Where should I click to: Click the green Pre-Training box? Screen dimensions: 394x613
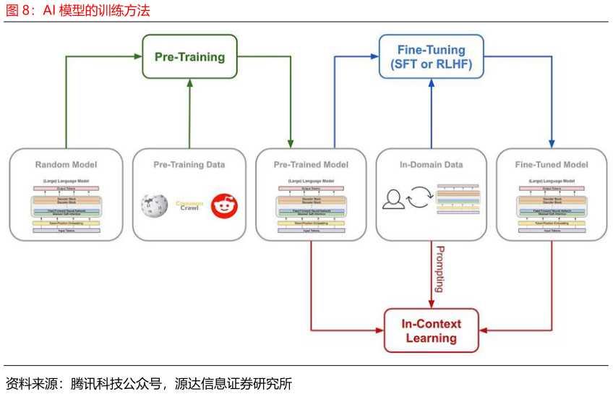pyautogui.click(x=189, y=56)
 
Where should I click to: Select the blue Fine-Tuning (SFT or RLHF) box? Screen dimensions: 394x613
pyautogui.click(x=431, y=56)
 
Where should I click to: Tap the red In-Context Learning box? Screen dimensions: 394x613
pyautogui.click(x=431, y=330)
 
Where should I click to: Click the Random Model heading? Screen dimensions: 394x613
pyautogui.click(x=66, y=165)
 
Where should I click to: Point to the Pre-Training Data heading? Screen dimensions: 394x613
pyautogui.click(x=189, y=165)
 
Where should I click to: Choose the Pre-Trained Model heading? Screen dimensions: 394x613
pyautogui.click(x=311, y=165)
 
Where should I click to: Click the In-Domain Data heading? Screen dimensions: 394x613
pyautogui.click(x=431, y=165)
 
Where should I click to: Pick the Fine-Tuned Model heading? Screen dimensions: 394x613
pyautogui.click(x=552, y=165)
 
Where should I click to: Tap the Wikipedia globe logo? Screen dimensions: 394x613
pyautogui.click(x=154, y=205)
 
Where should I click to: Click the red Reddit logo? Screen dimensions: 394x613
pyautogui.click(x=224, y=206)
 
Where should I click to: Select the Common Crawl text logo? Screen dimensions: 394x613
pyautogui.click(x=189, y=205)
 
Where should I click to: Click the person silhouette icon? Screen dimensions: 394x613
pyautogui.click(x=393, y=199)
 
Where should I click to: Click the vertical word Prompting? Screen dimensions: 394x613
pyautogui.click(x=439, y=269)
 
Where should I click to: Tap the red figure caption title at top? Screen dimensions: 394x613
pyautogui.click(x=78, y=11)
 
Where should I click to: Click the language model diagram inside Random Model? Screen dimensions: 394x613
pyautogui.click(x=66, y=207)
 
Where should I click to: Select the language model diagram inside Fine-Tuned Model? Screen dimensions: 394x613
pyautogui.click(x=552, y=207)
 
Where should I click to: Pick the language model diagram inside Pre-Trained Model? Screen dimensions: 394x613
pyautogui.click(x=311, y=207)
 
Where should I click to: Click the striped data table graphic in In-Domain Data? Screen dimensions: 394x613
pyautogui.click(x=458, y=200)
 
